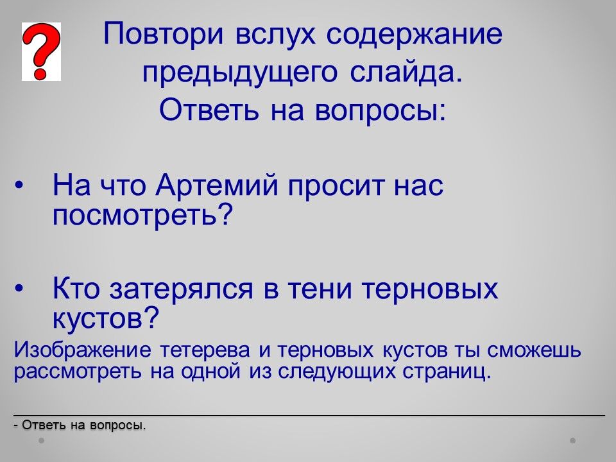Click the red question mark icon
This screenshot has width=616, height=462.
coord(41,51)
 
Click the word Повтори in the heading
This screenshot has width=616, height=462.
coord(164,35)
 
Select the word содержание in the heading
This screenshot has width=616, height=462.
coord(415,35)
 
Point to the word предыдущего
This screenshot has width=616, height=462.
coord(239,74)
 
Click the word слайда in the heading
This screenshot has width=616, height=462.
coord(406,73)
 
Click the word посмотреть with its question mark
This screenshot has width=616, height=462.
coord(142,216)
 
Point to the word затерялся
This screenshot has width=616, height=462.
coord(182,289)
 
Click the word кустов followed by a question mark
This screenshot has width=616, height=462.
coord(105,318)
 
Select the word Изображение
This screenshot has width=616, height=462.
coord(83,350)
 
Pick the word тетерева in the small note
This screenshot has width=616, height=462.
coord(205,350)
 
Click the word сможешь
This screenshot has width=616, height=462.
coord(534,350)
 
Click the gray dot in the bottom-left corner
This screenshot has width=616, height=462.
coord(41,441)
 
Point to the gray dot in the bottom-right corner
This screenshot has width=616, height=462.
coord(573,441)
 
